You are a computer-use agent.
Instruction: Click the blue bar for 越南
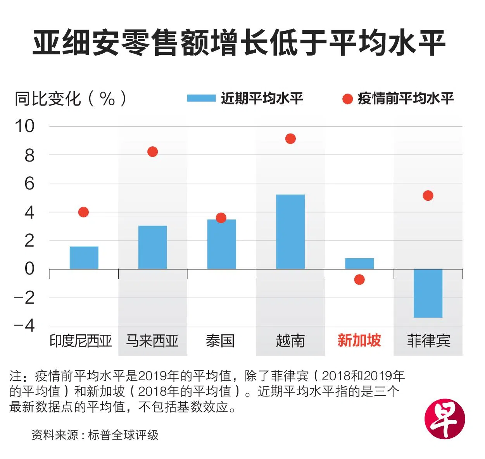tap(290, 232)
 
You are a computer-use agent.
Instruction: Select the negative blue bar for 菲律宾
tap(428, 293)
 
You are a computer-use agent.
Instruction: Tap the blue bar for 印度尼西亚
tap(84, 257)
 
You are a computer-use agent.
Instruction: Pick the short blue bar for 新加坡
tap(359, 263)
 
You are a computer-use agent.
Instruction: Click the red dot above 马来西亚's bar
tap(152, 152)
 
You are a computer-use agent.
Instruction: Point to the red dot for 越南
tap(290, 139)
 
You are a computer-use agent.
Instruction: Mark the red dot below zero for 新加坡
tap(359, 280)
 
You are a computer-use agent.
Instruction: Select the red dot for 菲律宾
tap(428, 196)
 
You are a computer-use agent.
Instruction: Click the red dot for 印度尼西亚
tap(83, 212)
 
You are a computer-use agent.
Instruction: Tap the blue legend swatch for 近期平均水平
tap(201, 98)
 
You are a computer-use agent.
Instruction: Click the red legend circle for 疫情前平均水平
tap(347, 99)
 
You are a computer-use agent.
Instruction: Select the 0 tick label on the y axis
tap(29, 269)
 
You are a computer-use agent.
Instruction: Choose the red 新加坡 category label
tap(359, 341)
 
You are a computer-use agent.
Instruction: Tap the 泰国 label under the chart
tap(220, 341)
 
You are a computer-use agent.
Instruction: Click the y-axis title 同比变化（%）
tap(71, 99)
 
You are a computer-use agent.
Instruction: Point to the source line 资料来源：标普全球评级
tap(95, 435)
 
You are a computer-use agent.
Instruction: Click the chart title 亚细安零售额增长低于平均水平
tap(239, 43)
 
